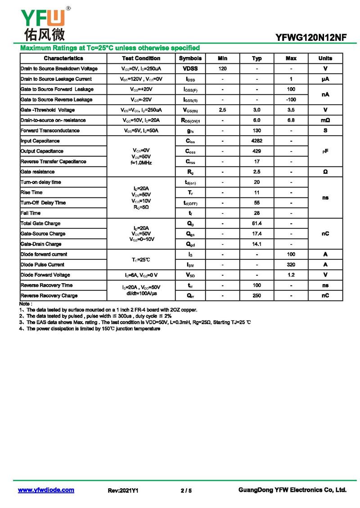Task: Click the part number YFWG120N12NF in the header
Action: tap(311, 38)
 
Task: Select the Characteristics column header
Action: tap(63, 58)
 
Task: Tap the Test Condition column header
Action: tap(141, 58)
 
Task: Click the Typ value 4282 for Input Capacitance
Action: tap(256, 141)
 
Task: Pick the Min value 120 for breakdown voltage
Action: tap(222, 69)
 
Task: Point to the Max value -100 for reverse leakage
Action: tap(291, 100)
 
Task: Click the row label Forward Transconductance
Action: tap(50, 131)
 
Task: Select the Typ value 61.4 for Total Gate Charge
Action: tap(256, 223)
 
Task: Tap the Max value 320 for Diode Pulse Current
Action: tap(291, 265)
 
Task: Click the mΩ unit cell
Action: tap(325, 120)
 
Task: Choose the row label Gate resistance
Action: tap(38, 172)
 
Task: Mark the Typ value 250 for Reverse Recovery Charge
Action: tap(256, 296)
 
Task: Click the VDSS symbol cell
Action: tap(190, 69)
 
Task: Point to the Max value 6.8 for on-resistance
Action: tap(291, 120)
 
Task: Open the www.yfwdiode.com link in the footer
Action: tap(46, 490)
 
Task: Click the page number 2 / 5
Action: tap(186, 490)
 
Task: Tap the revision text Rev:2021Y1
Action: tap(123, 490)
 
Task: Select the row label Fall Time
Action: tap(31, 213)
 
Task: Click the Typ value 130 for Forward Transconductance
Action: tap(256, 131)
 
